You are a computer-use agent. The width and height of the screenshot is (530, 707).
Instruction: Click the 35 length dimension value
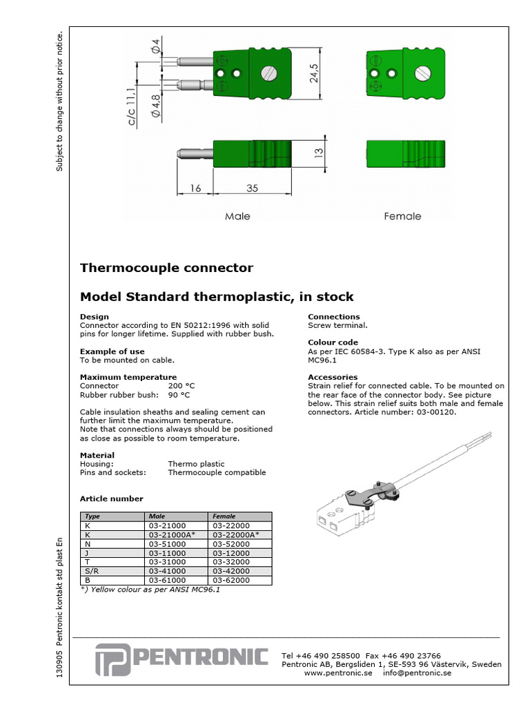[252, 187]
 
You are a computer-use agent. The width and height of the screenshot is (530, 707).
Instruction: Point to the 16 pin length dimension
[195, 187]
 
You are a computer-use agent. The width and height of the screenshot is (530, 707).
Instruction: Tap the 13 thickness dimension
[319, 153]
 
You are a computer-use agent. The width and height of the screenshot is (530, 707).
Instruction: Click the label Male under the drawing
[237, 216]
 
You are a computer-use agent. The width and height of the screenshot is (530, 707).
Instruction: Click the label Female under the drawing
[402, 216]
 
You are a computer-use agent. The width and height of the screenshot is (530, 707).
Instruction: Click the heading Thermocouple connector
[166, 268]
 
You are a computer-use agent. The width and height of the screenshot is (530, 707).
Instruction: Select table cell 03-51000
[167, 544]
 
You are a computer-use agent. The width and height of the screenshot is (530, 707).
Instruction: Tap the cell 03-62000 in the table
[231, 581]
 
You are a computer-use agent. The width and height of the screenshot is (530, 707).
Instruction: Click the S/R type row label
[91, 572]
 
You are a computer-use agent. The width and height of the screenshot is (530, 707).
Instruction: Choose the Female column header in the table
[224, 516]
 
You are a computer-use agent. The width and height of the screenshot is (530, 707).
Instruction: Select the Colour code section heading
[333, 342]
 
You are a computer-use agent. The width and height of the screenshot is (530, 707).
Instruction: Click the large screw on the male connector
[267, 73]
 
